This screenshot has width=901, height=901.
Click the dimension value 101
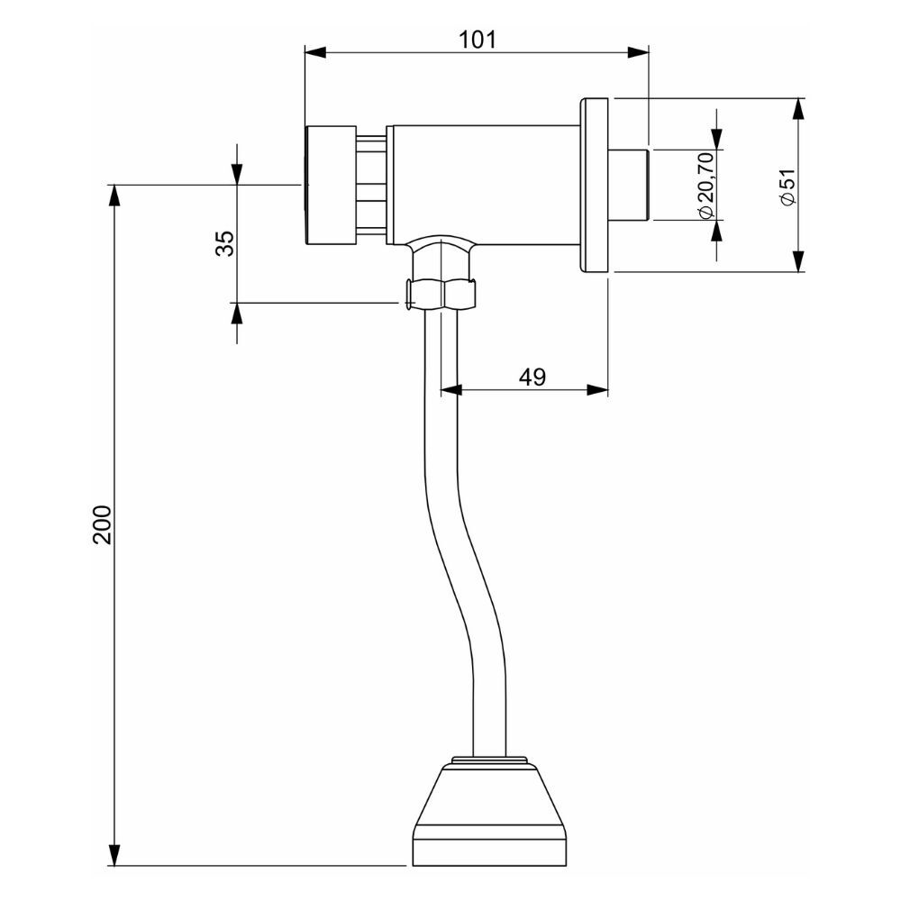[x=478, y=39]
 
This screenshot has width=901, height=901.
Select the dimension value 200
[x=102, y=523]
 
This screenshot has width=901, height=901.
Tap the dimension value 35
[x=224, y=243]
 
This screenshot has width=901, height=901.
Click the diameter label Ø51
[x=787, y=187]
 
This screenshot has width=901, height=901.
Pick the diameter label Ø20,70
[x=705, y=185]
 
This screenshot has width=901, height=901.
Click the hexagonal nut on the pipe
[x=441, y=294]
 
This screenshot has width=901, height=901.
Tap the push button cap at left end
[x=330, y=185]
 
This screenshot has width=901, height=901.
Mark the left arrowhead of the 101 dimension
[x=314, y=52]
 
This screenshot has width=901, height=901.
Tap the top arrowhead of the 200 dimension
[x=114, y=196]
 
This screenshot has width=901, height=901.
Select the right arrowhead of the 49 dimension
[x=597, y=390]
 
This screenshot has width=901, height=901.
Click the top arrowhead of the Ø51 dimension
[x=798, y=109]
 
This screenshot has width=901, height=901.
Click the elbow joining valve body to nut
[x=441, y=250]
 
